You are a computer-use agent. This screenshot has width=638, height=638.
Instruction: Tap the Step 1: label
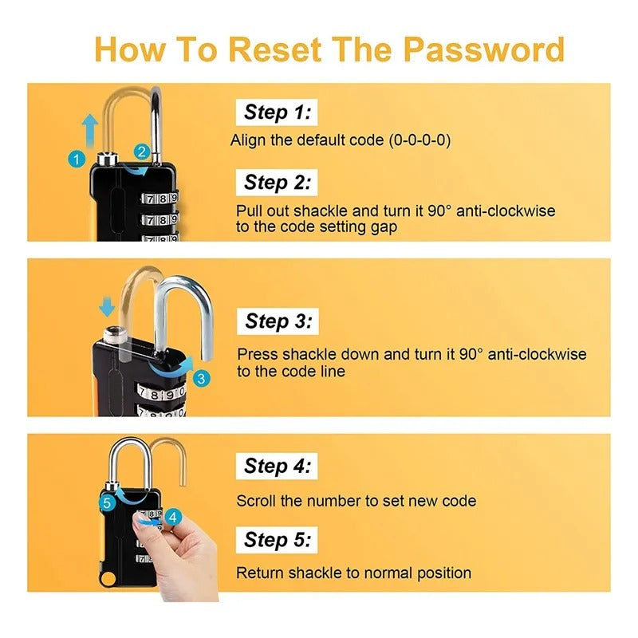277,112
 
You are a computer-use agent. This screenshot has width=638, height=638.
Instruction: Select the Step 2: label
277,183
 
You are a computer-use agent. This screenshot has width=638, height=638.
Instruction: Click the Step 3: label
278,321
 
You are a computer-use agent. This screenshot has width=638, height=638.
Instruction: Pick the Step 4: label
277,467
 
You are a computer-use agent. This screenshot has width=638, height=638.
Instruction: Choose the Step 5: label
277,540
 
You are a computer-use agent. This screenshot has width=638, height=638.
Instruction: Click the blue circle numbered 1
77,159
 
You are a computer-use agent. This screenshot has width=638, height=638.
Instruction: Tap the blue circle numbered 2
142,152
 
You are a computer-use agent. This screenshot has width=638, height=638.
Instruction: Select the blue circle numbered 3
201,379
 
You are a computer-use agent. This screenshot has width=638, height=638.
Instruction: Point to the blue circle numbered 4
173,517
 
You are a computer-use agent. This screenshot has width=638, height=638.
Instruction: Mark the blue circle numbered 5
107,503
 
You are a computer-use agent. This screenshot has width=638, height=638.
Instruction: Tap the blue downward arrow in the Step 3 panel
107,307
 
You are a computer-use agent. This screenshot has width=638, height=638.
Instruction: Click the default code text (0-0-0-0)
420,140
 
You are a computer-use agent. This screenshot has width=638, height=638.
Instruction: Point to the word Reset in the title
274,49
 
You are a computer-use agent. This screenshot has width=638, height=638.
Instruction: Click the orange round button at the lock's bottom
108,579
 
